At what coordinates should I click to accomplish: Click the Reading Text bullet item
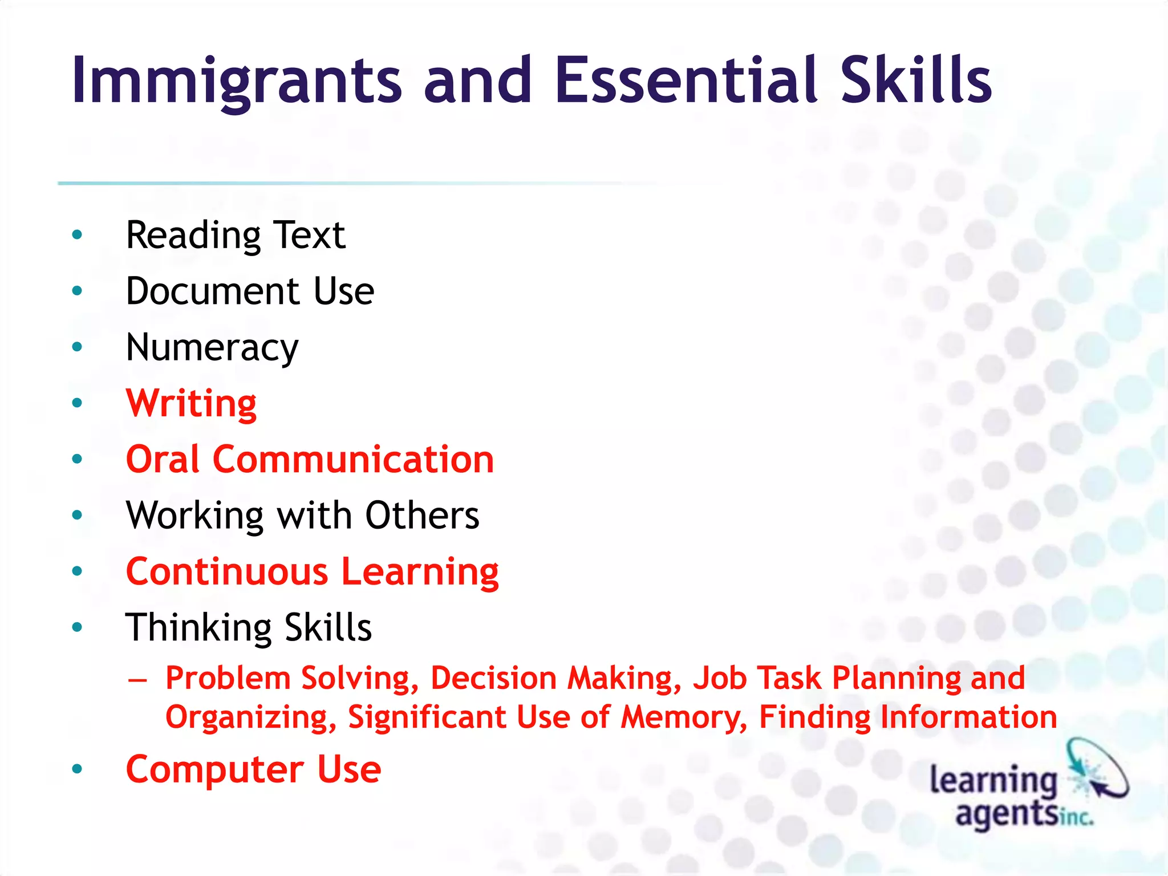[235, 235]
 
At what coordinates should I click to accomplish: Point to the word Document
[212, 291]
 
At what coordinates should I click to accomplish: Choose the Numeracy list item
[212, 347]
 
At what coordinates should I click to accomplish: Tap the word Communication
[353, 459]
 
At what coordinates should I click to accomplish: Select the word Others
[422, 515]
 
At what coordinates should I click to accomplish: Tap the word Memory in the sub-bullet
[684, 717]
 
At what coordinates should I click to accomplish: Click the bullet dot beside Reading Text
[78, 234]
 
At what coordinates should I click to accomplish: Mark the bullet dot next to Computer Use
[78, 769]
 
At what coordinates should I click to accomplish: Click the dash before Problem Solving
[137, 679]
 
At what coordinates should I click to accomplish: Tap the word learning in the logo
[993, 780]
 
